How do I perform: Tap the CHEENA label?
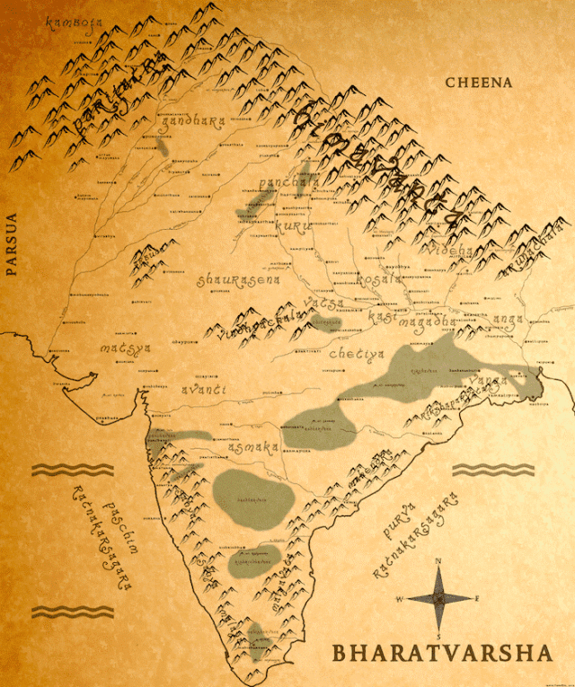(x=479, y=83)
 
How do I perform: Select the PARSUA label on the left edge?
(x=12, y=242)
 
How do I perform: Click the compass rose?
(x=438, y=596)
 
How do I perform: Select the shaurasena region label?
(x=238, y=280)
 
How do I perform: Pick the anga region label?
(x=507, y=318)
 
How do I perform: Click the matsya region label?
(x=126, y=347)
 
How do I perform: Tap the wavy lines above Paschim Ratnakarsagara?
(x=73, y=470)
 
